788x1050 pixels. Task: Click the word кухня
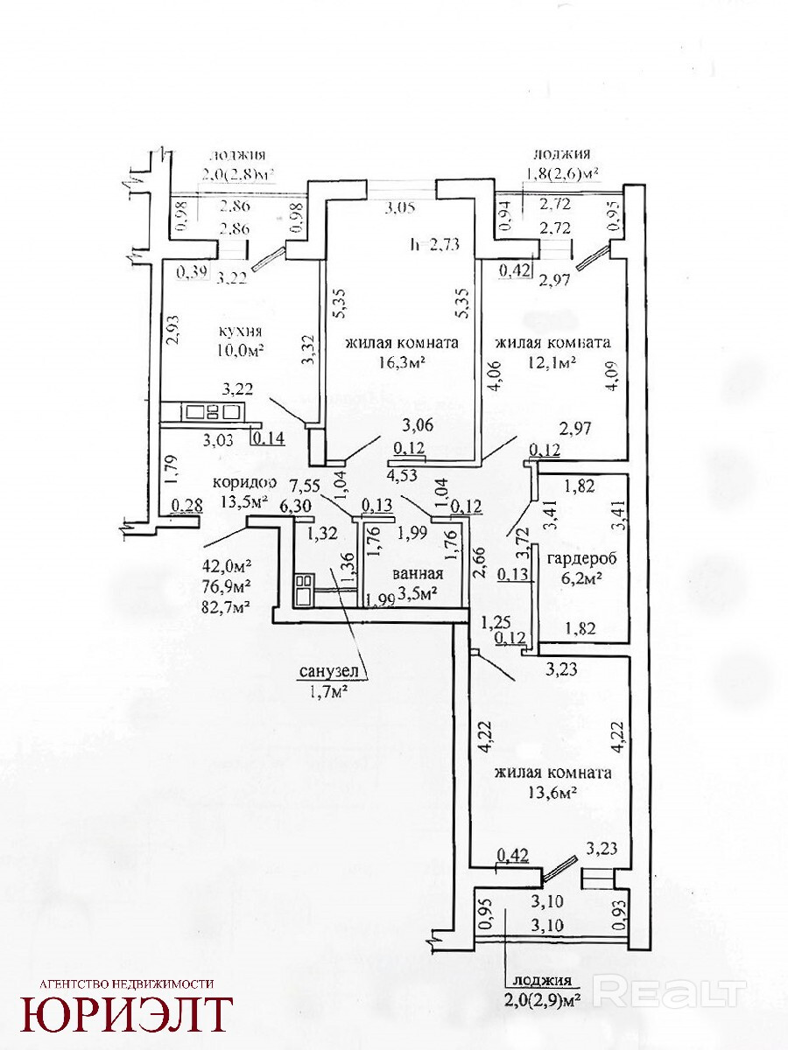[x=239, y=332]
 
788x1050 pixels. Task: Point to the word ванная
[x=418, y=575]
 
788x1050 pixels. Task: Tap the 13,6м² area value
[x=552, y=793]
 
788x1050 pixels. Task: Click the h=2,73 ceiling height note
[x=435, y=244]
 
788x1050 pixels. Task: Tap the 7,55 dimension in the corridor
[x=306, y=484]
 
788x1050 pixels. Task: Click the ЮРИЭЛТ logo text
[x=128, y=1014]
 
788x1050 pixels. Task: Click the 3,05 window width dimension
[x=402, y=207]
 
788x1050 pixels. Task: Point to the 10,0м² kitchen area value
[x=239, y=351]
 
